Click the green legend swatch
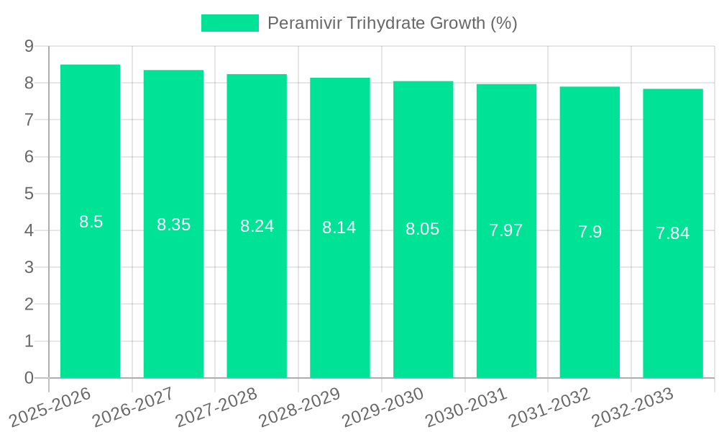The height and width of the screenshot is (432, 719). pos(229,23)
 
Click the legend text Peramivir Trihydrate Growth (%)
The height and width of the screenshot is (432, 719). pos(392,23)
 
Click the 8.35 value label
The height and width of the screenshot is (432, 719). pos(173,225)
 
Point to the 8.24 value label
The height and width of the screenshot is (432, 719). pos(257,226)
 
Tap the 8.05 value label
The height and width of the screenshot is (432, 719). pos(423,229)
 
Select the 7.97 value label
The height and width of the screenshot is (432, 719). pos(506,230)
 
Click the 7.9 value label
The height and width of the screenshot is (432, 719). pos(590,232)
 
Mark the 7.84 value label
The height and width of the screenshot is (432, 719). pos(673,233)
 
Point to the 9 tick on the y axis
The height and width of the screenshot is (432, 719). pos(29,46)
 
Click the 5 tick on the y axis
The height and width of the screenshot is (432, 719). pos(29,194)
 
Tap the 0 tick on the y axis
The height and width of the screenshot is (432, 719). pos(29,378)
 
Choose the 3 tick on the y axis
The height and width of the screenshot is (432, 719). pos(29,268)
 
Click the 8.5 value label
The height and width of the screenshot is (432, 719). pos(91,222)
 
